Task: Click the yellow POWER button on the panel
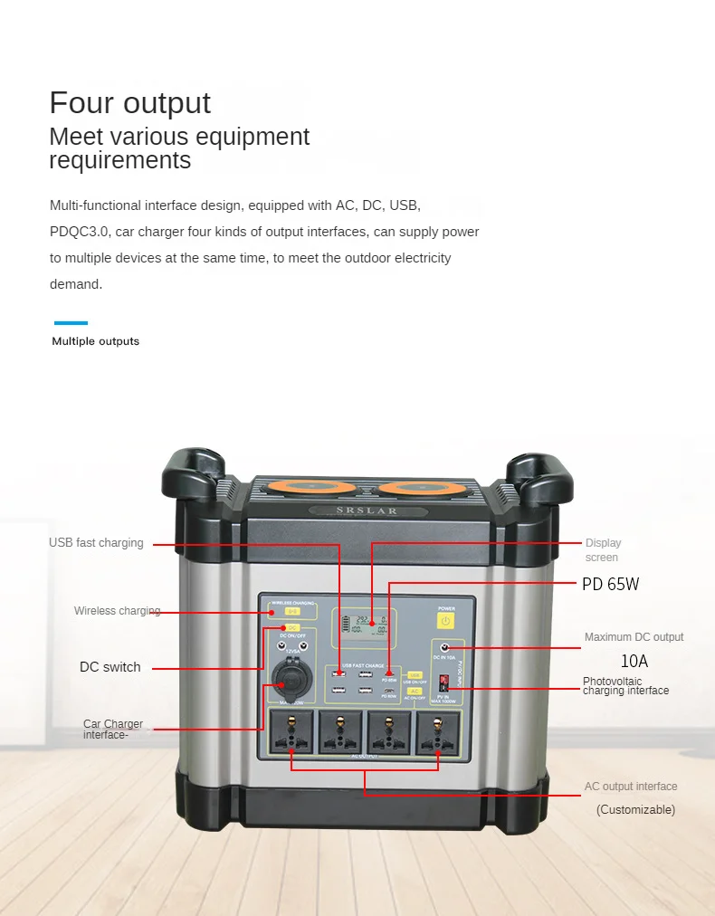(445, 621)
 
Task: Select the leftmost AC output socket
(291, 731)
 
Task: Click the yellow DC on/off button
(292, 627)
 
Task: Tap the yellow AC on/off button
(415, 690)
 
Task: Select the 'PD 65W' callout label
(610, 585)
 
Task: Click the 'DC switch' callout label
(110, 667)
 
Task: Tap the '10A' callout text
(634, 662)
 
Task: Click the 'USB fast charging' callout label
(96, 543)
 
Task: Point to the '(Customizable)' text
(635, 810)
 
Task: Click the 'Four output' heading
(129, 102)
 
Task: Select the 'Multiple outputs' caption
(96, 341)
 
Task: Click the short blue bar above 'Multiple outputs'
(71, 322)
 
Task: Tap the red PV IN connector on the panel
(443, 680)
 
